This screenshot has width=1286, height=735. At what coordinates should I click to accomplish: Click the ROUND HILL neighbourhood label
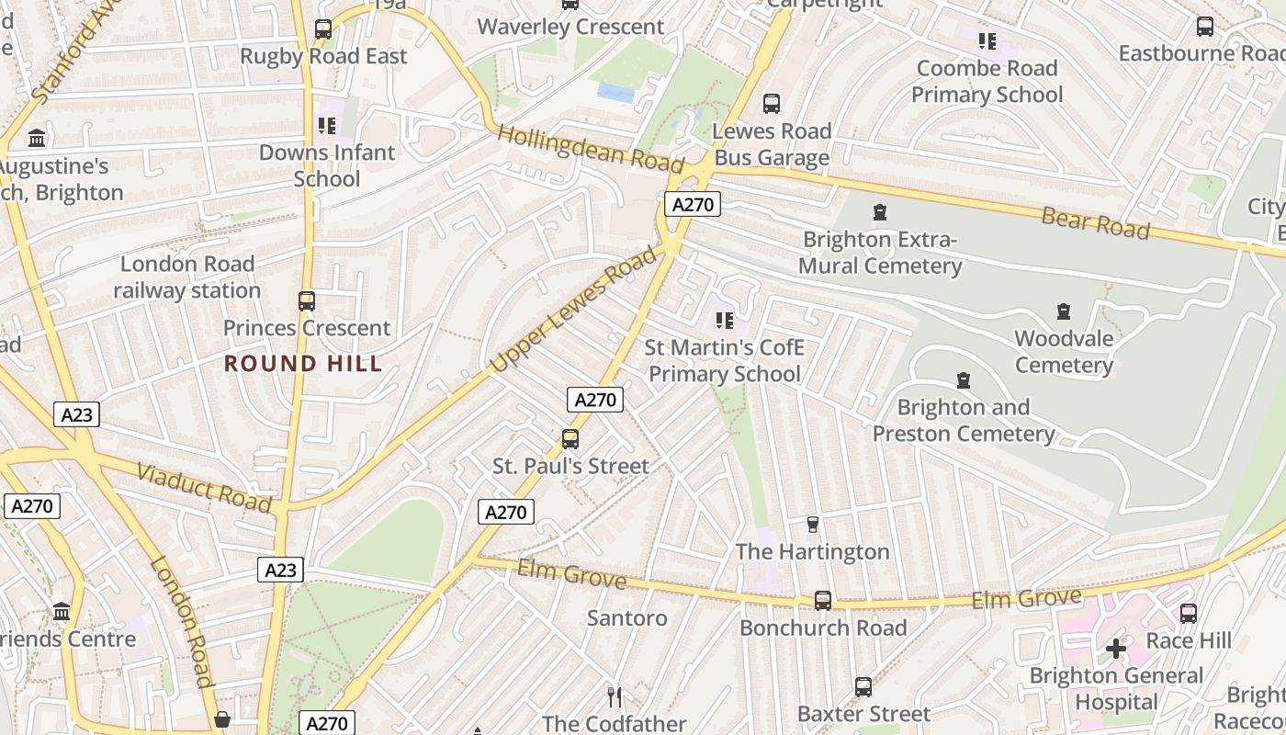pos(303,364)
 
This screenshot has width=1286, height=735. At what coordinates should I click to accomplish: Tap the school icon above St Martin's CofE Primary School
pos(724,321)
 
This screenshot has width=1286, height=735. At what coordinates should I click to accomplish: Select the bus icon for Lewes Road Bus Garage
pos(772,104)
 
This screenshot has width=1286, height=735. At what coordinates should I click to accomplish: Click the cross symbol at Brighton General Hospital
pos(1116,649)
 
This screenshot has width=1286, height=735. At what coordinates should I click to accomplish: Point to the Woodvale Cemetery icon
pos(1063,311)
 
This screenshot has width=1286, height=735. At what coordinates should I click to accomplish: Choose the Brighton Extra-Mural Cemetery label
pos(880,253)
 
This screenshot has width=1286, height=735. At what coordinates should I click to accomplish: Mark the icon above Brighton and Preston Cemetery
pos(964,380)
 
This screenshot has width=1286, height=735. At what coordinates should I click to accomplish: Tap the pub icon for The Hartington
pos(812,525)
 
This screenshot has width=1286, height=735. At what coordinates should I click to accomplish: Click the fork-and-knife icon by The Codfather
pos(615,696)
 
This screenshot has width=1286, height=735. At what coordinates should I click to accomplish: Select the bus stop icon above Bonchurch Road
pos(823,600)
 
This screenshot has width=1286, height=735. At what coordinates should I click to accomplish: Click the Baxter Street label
pos(863,714)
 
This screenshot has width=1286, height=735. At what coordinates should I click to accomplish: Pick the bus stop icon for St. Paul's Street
pos(570,439)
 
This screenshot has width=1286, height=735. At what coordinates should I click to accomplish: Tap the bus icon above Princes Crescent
pos(307,300)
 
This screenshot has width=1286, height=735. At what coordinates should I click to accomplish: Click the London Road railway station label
pos(187,277)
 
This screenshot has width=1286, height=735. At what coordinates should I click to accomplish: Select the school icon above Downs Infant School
pos(326,126)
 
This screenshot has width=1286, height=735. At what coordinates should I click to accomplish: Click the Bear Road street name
pos(1095,223)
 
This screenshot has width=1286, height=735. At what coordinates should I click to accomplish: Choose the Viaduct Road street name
pos(204,488)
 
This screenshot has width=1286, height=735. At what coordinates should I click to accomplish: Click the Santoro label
pos(626,618)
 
